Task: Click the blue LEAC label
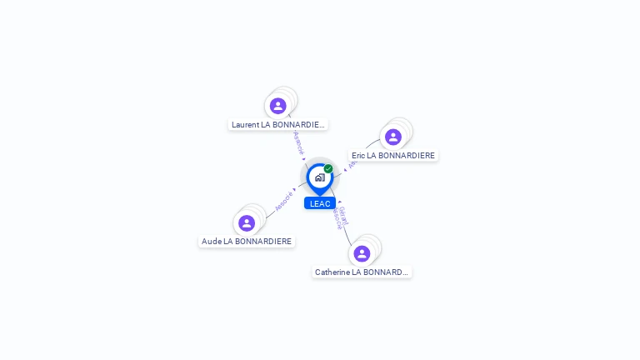coord(320,203)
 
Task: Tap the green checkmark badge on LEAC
coord(328,169)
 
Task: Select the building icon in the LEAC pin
coord(319,177)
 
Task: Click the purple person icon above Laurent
coord(278,106)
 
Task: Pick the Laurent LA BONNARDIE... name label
coord(278,124)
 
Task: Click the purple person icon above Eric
coord(393,137)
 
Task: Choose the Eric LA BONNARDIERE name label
coord(393,155)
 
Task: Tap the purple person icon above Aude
coord(247,223)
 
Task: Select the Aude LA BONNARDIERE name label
coord(247,242)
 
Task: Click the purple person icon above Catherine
coord(362,253)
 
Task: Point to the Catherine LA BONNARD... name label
coord(362,272)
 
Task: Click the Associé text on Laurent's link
coord(298,142)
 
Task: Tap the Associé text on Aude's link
coord(284,201)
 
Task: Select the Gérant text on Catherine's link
coord(343,216)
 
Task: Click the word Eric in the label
coord(358,155)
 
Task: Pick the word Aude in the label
coord(210,242)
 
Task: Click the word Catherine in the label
coord(332,272)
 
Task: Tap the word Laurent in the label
coord(245,124)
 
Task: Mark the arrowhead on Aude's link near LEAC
coord(295,189)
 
